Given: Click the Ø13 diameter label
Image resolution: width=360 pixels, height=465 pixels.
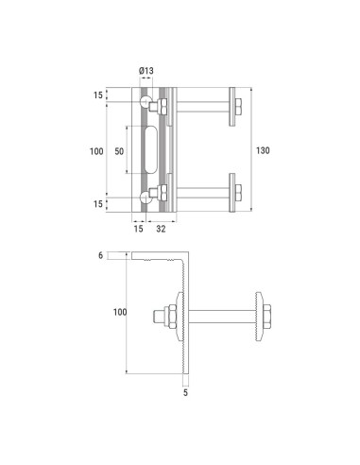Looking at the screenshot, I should click(x=146, y=71).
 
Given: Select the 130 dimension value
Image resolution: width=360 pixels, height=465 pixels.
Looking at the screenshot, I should click(x=263, y=148).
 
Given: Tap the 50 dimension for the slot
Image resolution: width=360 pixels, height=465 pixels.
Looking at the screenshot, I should click(x=118, y=150).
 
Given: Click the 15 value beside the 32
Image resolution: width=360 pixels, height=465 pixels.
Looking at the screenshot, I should click(x=138, y=228).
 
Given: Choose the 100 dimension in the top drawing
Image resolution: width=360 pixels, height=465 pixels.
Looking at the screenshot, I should click(x=94, y=150).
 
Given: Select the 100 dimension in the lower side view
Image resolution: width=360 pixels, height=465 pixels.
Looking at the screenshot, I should click(x=119, y=311).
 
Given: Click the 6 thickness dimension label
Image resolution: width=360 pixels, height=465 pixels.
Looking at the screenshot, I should click(x=99, y=255).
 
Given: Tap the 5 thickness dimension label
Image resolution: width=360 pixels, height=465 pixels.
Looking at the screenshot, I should click(x=184, y=391).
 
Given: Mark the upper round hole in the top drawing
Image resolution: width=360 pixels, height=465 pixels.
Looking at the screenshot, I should click(x=146, y=100).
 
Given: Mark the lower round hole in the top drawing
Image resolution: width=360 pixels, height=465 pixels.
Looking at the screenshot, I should click(x=146, y=196).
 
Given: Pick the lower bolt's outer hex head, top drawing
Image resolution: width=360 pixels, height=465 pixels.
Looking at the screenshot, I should click(x=243, y=192).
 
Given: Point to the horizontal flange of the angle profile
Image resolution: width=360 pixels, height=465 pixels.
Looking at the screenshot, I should click(x=156, y=257).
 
